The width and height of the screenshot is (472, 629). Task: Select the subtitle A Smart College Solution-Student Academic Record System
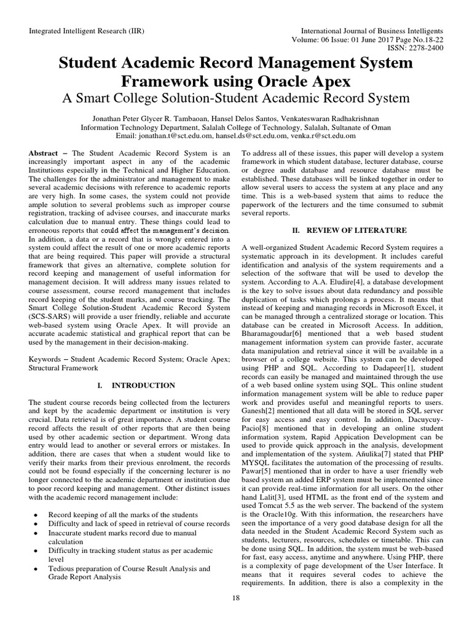tap(236, 98)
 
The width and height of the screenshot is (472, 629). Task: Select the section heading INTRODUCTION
tap(144, 385)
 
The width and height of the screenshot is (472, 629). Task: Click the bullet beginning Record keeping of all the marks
tap(123, 514)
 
